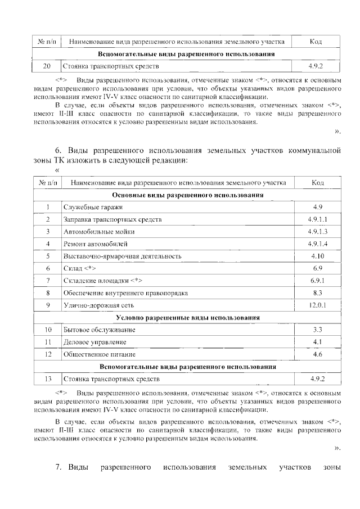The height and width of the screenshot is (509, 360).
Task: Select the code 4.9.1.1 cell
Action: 318,219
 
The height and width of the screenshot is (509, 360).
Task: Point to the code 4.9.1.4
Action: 318,244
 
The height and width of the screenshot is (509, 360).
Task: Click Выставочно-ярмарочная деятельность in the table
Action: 122,256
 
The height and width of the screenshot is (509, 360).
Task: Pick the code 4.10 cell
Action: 318,256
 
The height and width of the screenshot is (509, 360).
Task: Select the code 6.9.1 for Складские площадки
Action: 318,281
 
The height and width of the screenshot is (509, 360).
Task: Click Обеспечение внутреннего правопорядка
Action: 125,293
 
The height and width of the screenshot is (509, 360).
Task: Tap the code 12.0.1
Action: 318,305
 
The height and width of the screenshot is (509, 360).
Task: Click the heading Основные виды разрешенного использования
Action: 188,195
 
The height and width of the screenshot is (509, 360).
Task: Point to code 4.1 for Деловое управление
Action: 318,342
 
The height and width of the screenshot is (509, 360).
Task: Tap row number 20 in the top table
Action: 47,66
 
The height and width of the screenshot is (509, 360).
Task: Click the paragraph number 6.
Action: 58,151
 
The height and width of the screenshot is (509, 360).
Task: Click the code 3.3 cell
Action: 318,330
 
